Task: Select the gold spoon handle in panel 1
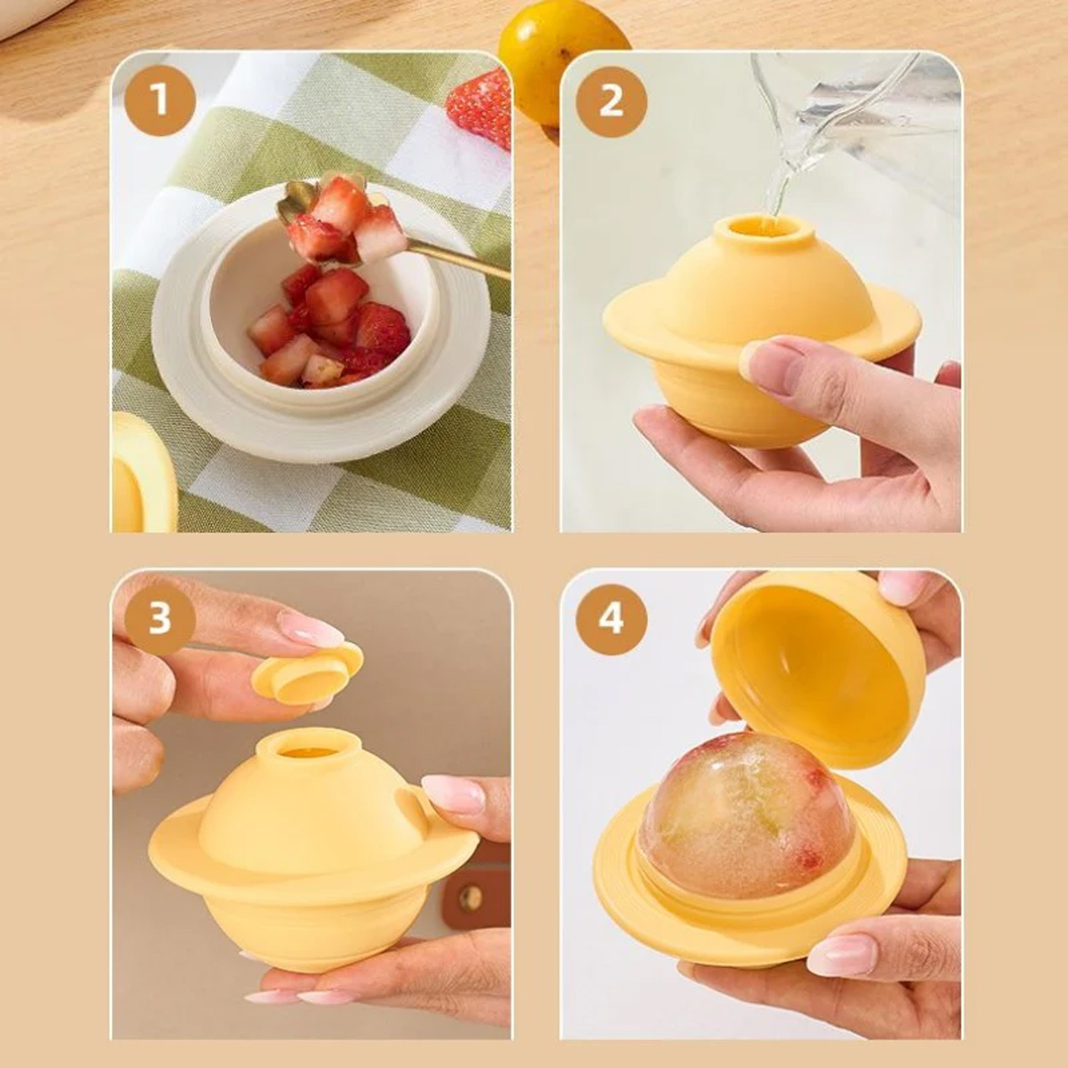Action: pyautogui.click(x=460, y=260)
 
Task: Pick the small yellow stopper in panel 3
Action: pyautogui.click(x=307, y=674)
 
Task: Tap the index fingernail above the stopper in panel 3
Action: pyautogui.click(x=311, y=628)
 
